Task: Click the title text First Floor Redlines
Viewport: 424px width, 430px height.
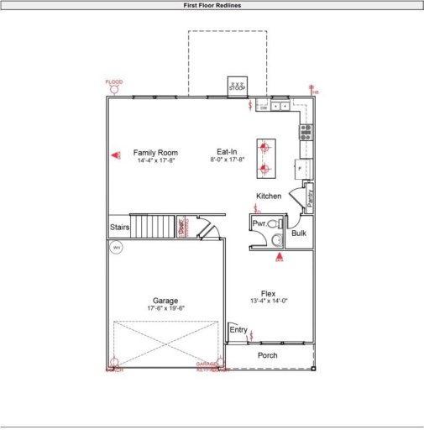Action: [x=212, y=5]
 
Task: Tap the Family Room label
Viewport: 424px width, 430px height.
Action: [x=156, y=152]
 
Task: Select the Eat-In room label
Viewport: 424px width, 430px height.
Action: [x=227, y=152]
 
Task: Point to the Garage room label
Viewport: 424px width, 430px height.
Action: [x=165, y=300]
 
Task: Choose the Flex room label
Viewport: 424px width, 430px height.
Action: [x=268, y=293]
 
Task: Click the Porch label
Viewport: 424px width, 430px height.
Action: [x=268, y=355]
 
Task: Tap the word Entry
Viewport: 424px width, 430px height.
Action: [x=239, y=331]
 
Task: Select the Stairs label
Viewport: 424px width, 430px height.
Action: [x=120, y=227]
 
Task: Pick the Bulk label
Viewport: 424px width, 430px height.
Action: [x=299, y=233]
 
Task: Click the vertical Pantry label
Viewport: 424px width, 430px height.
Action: [x=310, y=197]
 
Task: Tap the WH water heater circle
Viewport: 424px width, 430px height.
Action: [x=117, y=248]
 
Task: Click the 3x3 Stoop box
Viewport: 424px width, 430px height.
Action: [x=238, y=86]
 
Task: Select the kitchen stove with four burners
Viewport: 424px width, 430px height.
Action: [x=306, y=131]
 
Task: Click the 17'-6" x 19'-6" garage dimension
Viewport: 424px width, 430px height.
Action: [x=165, y=308]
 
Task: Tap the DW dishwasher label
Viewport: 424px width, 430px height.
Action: [x=263, y=107]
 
